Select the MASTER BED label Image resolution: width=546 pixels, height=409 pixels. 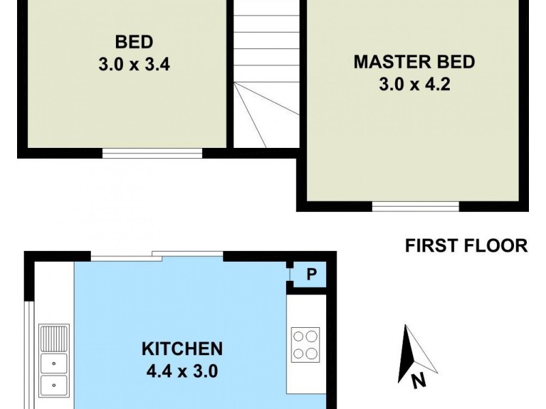414,63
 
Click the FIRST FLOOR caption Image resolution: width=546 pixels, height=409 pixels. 466,246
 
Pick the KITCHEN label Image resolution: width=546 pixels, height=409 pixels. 182,349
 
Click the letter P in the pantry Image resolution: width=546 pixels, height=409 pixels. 311,275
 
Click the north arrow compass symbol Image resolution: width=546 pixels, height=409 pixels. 413,351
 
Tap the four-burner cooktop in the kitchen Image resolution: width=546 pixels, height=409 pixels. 305,344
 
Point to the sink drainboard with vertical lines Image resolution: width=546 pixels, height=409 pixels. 55,337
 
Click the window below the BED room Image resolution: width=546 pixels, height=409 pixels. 152,153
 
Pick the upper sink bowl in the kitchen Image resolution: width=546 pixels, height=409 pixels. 54,362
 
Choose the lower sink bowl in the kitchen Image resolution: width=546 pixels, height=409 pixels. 54,386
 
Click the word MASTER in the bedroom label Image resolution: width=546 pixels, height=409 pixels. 385,63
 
